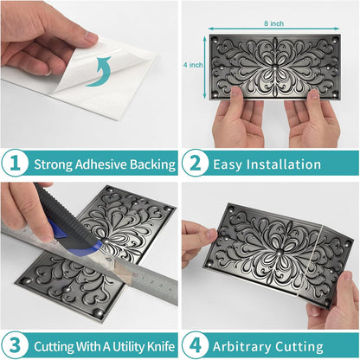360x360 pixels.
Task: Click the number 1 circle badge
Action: [15, 163]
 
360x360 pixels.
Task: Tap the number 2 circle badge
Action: [196, 163]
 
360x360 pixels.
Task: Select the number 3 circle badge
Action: [15, 345]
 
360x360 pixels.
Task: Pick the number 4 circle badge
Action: [196, 345]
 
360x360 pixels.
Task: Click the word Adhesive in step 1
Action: [100, 164]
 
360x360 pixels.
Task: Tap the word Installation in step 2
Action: [284, 164]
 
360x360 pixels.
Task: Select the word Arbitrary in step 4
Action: [241, 347]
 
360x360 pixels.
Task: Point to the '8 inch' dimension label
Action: [273, 23]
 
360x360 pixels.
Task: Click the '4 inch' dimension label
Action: [193, 65]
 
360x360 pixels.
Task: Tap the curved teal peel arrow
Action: [98, 72]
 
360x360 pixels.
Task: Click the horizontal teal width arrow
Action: [273, 29]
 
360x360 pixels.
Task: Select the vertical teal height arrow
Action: [205, 67]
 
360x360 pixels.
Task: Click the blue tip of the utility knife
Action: [97, 246]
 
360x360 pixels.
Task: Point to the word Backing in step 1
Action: [152, 164]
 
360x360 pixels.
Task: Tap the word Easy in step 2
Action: [228, 164]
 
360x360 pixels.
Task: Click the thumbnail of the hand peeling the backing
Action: [89, 74]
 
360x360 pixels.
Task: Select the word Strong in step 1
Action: [54, 164]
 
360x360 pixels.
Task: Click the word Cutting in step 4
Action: [299, 347]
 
